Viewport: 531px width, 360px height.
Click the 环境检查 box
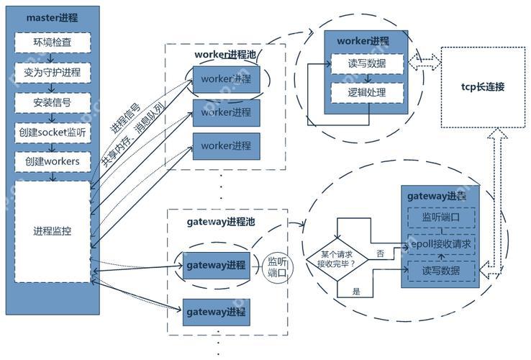(x=53, y=42)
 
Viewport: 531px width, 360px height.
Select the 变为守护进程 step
(x=53, y=72)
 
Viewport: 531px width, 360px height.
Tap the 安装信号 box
(x=53, y=102)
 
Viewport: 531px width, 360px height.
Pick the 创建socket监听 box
(x=53, y=132)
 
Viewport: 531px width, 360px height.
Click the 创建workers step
(x=53, y=163)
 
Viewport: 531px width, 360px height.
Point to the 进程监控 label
(x=53, y=231)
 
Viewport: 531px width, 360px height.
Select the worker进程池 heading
(x=225, y=55)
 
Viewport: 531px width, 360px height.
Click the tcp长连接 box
(x=483, y=87)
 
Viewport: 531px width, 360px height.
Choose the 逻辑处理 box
(x=367, y=92)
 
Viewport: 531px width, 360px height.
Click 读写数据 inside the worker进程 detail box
(x=367, y=64)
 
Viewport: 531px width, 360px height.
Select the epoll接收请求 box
(x=441, y=244)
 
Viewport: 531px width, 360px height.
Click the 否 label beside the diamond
(x=380, y=253)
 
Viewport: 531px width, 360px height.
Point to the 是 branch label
(x=356, y=291)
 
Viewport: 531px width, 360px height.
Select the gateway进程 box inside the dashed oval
(x=216, y=266)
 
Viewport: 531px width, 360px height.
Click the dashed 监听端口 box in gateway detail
(x=441, y=216)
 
